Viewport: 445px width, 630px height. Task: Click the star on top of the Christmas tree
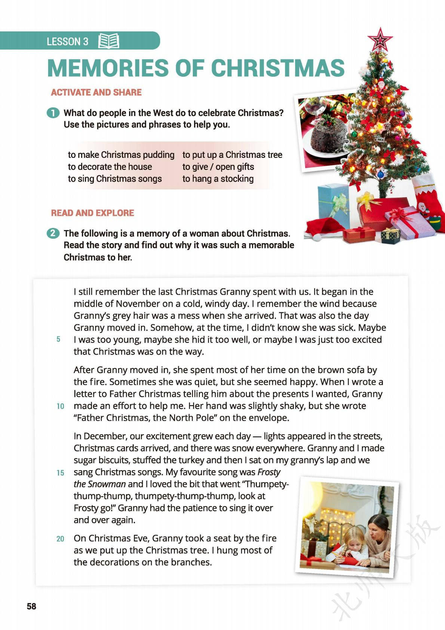pyautogui.click(x=380, y=39)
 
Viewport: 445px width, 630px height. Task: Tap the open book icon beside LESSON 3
pyautogui.click(x=108, y=41)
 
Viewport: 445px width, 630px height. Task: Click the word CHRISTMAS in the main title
pyautogui.click(x=277, y=68)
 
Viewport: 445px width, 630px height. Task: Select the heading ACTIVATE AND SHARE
pyautogui.click(x=96, y=92)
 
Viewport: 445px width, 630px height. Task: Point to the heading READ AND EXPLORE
pyautogui.click(x=92, y=213)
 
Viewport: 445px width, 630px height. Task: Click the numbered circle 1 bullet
pyautogui.click(x=53, y=113)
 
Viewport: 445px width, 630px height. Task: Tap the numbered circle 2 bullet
pyautogui.click(x=53, y=233)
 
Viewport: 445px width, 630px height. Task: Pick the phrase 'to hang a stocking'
pyautogui.click(x=218, y=179)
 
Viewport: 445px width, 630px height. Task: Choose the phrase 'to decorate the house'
pyautogui.click(x=110, y=167)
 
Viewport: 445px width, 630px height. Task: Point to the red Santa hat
pyautogui.click(x=324, y=227)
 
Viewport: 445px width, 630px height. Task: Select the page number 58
pyautogui.click(x=31, y=606)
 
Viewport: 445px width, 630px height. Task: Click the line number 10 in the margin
pyautogui.click(x=60, y=406)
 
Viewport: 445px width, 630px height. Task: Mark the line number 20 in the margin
pyautogui.click(x=60, y=539)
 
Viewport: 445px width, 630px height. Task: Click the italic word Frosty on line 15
pyautogui.click(x=269, y=472)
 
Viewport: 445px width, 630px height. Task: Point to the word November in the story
pyautogui.click(x=139, y=304)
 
